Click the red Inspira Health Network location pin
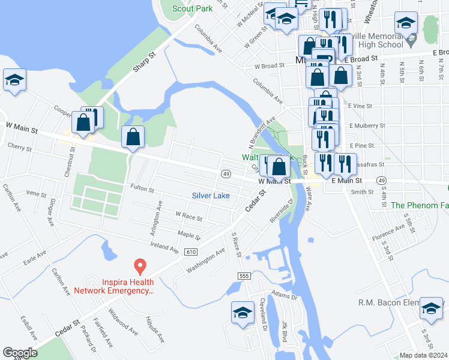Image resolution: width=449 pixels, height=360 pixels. pyautogui.click(x=140, y=265)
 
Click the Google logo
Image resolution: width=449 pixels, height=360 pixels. pyautogui.click(x=20, y=353)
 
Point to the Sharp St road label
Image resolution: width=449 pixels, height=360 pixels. pyautogui.click(x=144, y=61)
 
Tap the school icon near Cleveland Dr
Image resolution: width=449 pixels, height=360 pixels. pyautogui.click(x=243, y=313)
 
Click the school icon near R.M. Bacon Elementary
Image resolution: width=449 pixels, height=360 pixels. pyautogui.click(x=431, y=308)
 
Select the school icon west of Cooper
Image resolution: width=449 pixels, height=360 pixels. pyautogui.click(x=14, y=80)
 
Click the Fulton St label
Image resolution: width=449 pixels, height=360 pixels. pyautogui.click(x=142, y=189)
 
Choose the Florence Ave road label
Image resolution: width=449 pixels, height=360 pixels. pyautogui.click(x=388, y=232)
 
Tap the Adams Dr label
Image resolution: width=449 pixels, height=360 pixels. pyautogui.click(x=284, y=295)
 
